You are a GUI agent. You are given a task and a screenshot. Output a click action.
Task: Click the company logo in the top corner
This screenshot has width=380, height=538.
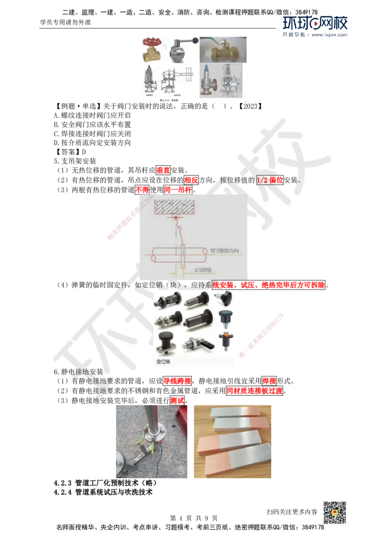[x=315, y=26]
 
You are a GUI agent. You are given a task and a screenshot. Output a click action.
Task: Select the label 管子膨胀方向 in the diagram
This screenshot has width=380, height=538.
[x=224, y=250]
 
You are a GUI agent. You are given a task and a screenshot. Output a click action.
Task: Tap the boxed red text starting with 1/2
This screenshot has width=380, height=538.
[x=270, y=180]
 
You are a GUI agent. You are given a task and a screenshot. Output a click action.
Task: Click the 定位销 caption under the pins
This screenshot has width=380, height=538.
[x=163, y=362]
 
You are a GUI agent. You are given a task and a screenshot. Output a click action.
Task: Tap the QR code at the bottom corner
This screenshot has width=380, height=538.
[x=334, y=513]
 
